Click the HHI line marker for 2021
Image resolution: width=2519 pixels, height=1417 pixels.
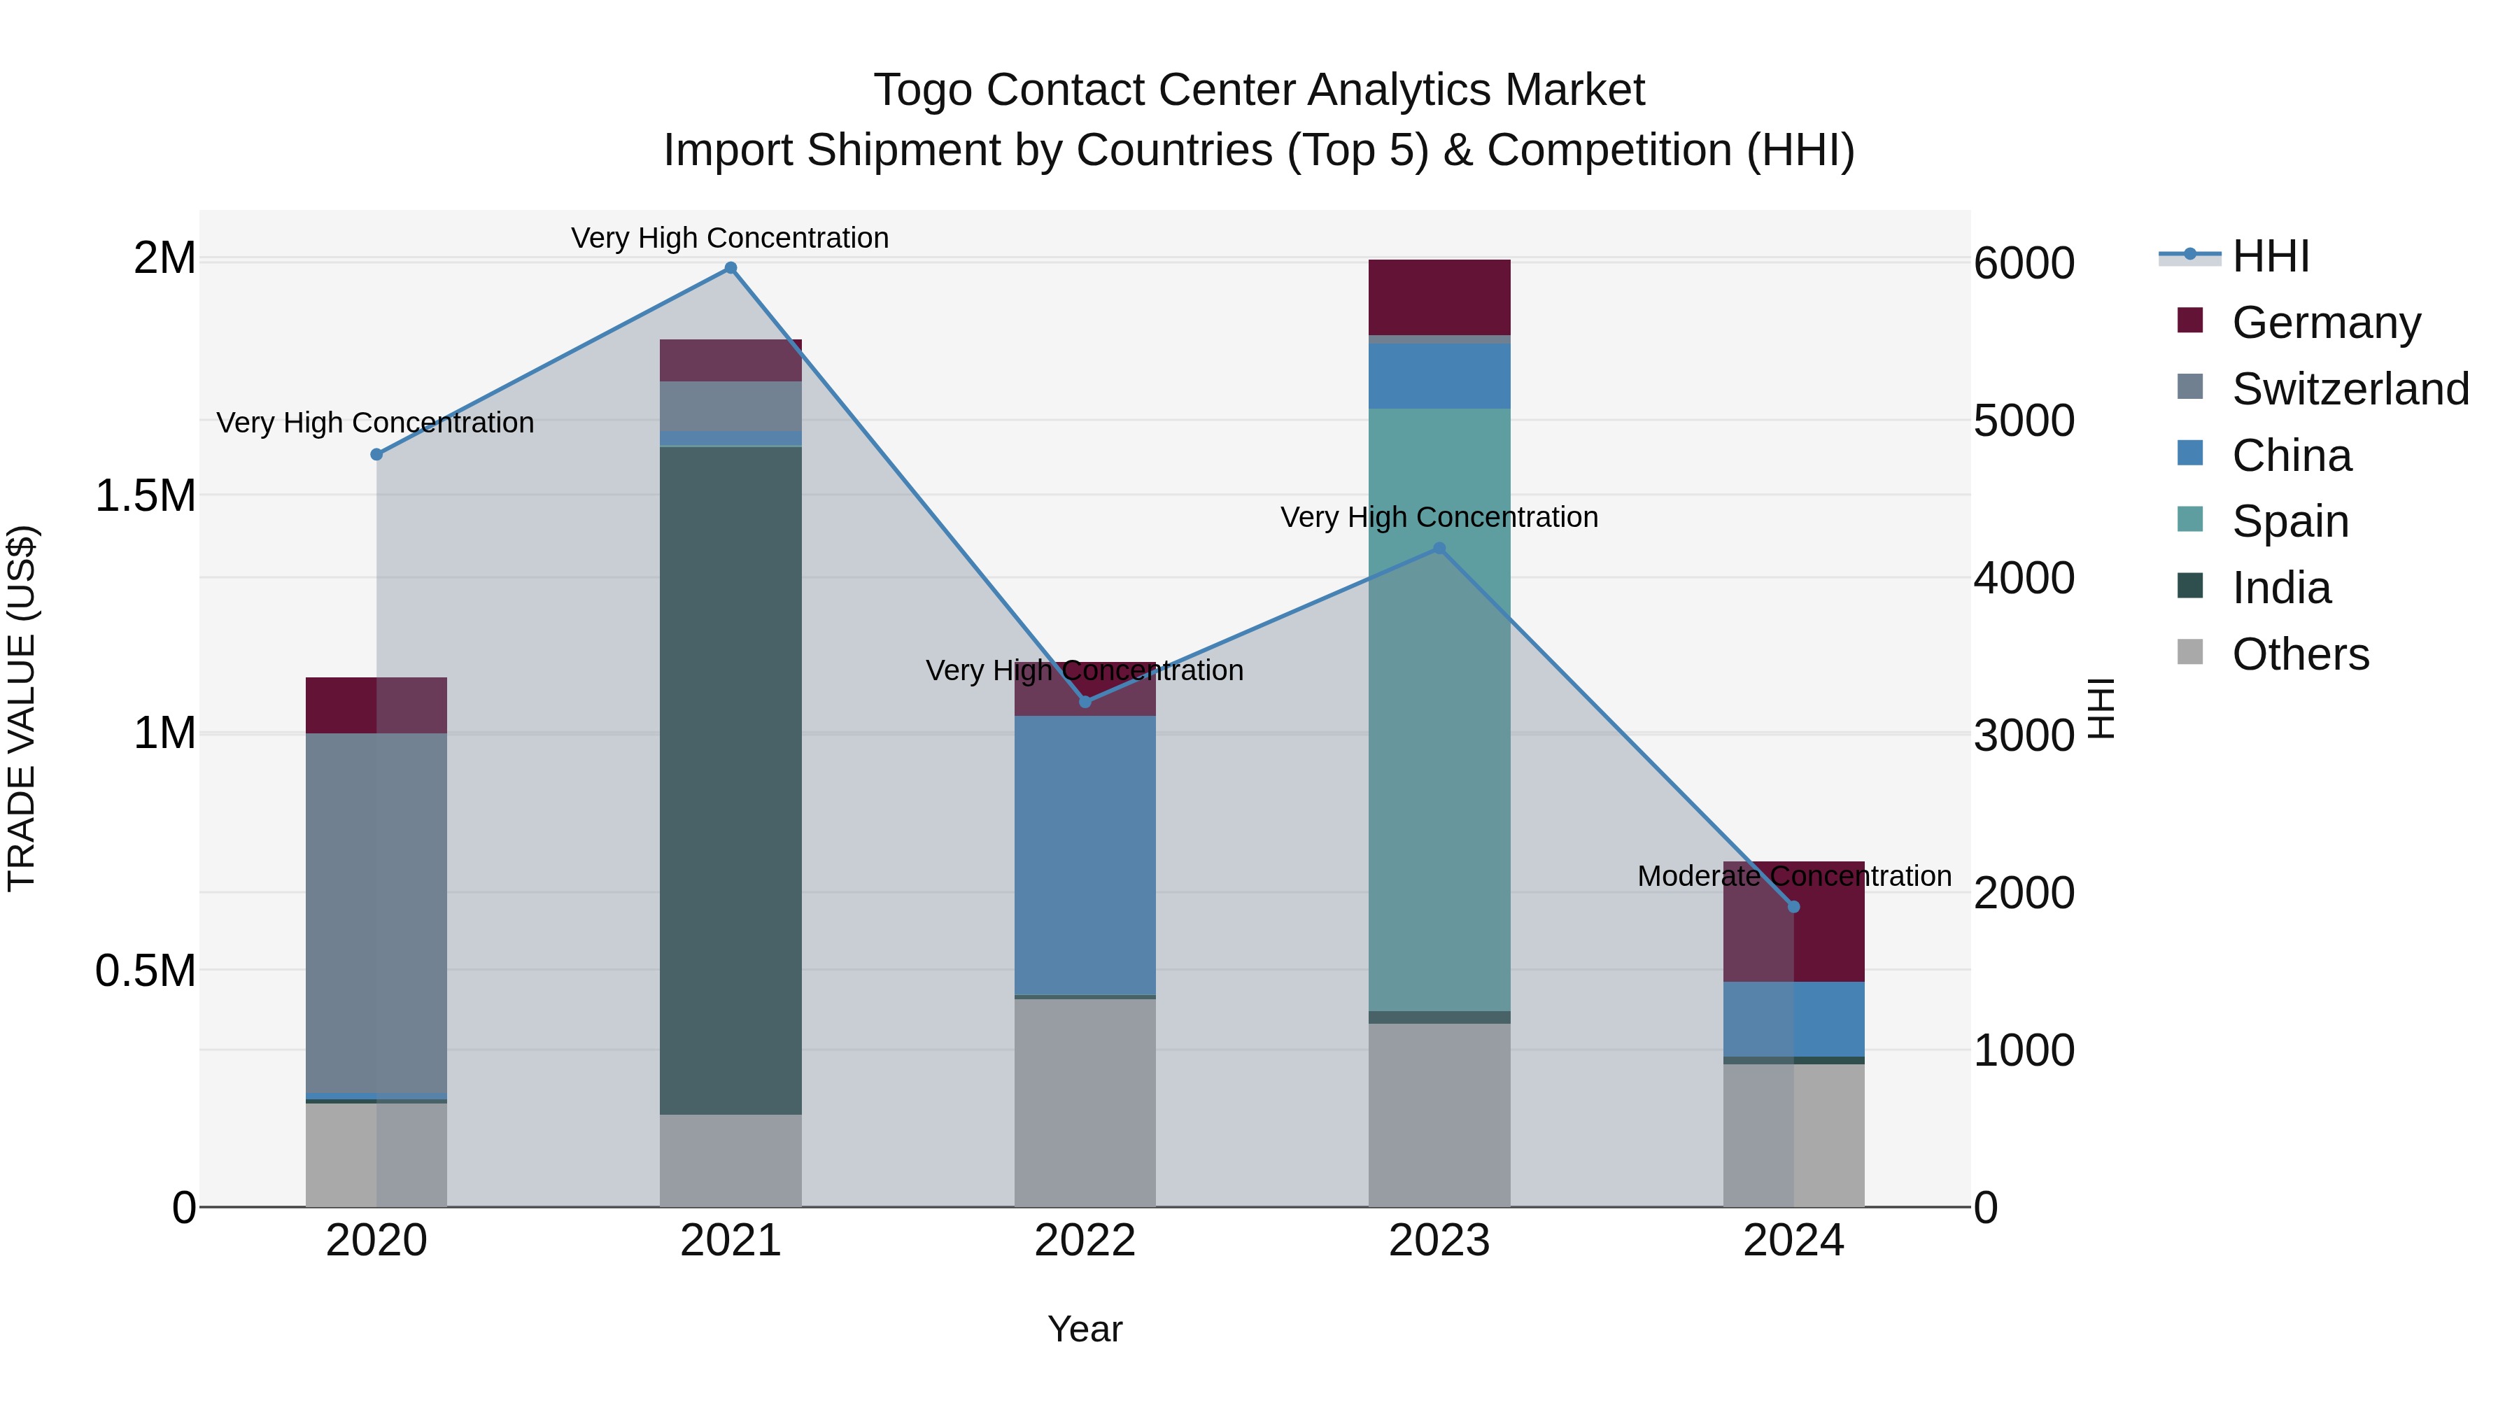coord(731,268)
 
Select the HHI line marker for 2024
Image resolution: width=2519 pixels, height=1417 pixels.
coord(1793,906)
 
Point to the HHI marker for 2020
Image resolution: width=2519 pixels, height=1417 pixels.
coord(376,453)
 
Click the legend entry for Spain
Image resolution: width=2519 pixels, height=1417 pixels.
coord(2289,521)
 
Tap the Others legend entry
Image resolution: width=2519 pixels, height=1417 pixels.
coord(2299,654)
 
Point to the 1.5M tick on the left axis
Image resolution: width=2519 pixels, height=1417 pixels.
coord(145,496)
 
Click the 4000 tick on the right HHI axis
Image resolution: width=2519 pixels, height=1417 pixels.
coord(2023,578)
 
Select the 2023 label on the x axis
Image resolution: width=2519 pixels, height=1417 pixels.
coord(1439,1241)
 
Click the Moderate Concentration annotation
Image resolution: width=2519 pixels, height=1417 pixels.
coord(1793,876)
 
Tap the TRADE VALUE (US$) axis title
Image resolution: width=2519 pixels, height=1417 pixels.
coord(22,708)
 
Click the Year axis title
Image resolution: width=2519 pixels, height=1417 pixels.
coord(1085,1329)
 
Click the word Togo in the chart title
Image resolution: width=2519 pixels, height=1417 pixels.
coord(922,90)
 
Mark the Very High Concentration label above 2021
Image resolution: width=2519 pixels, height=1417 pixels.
coord(730,238)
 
